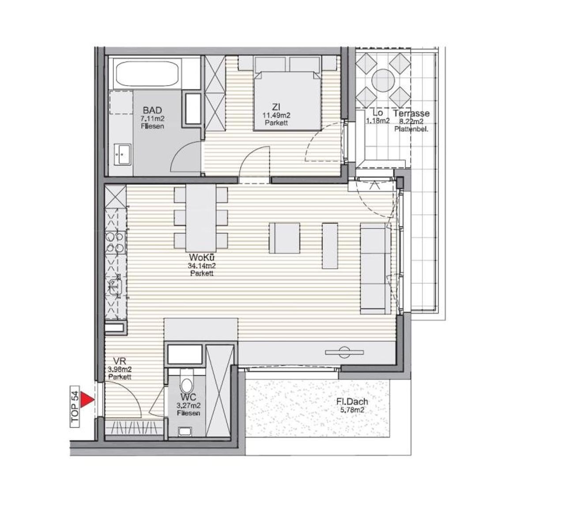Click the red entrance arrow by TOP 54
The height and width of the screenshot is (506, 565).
87,400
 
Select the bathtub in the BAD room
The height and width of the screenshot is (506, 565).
147,74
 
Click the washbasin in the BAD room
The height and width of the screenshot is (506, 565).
122,154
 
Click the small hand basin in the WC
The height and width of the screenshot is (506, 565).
185,431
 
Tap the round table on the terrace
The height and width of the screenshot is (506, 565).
383,80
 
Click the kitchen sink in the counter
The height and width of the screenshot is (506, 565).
115,286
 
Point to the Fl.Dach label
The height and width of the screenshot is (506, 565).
352,401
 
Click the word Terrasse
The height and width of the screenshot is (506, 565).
411,113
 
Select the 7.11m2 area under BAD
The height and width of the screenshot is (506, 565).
153,119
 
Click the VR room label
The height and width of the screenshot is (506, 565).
120,361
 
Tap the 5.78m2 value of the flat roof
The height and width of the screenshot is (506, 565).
352,410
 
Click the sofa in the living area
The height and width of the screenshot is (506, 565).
375,269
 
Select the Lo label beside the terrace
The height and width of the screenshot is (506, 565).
377,113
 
